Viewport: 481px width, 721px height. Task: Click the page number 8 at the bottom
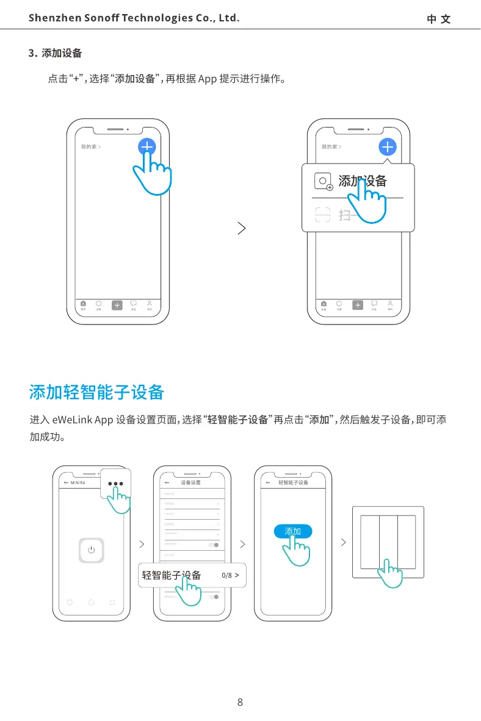click(240, 702)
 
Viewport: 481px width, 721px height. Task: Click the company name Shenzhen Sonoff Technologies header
click(134, 18)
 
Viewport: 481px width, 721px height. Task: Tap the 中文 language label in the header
click(438, 19)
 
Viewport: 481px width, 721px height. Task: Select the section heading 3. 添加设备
click(56, 53)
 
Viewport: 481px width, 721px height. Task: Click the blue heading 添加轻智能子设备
click(96, 392)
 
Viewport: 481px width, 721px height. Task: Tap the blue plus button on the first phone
click(147, 147)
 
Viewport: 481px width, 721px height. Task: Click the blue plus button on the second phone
click(388, 147)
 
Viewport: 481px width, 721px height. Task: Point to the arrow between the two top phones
click(242, 229)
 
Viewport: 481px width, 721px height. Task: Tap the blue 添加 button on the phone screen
click(293, 531)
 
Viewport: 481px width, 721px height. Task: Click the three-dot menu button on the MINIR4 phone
click(115, 484)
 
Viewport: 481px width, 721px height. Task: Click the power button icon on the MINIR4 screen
click(92, 550)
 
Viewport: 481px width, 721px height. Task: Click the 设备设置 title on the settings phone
click(190, 482)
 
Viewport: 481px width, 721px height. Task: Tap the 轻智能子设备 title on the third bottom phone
click(294, 482)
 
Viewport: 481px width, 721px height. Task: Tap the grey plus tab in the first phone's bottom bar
click(117, 305)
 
